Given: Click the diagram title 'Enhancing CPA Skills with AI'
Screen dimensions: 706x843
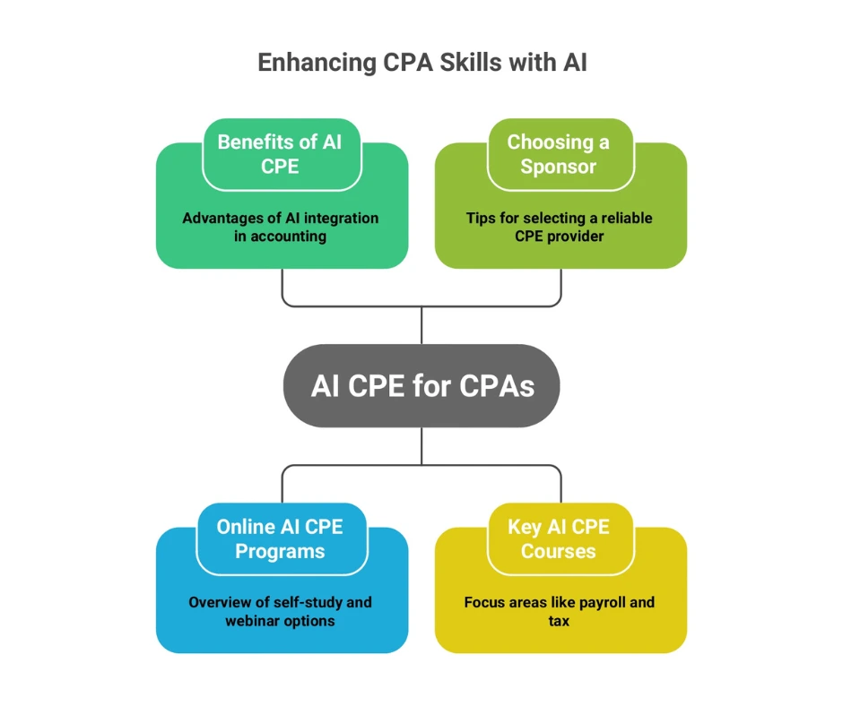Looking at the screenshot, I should point(421,63).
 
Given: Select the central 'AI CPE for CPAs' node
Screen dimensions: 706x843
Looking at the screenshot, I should point(421,385).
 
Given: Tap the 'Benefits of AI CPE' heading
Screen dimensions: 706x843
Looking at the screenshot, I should point(280,153).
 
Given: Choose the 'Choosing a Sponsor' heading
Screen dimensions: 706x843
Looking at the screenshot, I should point(558,153).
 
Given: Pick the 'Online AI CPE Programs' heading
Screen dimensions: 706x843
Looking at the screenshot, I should point(280,538).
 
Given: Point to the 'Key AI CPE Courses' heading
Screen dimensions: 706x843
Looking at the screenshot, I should point(558,538).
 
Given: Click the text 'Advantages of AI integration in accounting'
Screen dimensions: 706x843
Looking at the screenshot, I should point(280,227).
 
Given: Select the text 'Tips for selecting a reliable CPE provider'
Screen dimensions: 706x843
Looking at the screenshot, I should point(559,227).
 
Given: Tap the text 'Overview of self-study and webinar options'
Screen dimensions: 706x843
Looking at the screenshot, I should point(280,611).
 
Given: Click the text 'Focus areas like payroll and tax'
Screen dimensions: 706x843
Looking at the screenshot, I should point(559,611).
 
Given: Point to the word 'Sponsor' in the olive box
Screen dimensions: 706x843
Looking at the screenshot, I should point(558,167).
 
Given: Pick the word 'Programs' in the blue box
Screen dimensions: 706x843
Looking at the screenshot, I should point(280,551).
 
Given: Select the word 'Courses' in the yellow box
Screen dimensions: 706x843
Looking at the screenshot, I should point(558,551).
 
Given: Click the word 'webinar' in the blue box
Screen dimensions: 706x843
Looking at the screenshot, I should point(254,621).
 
